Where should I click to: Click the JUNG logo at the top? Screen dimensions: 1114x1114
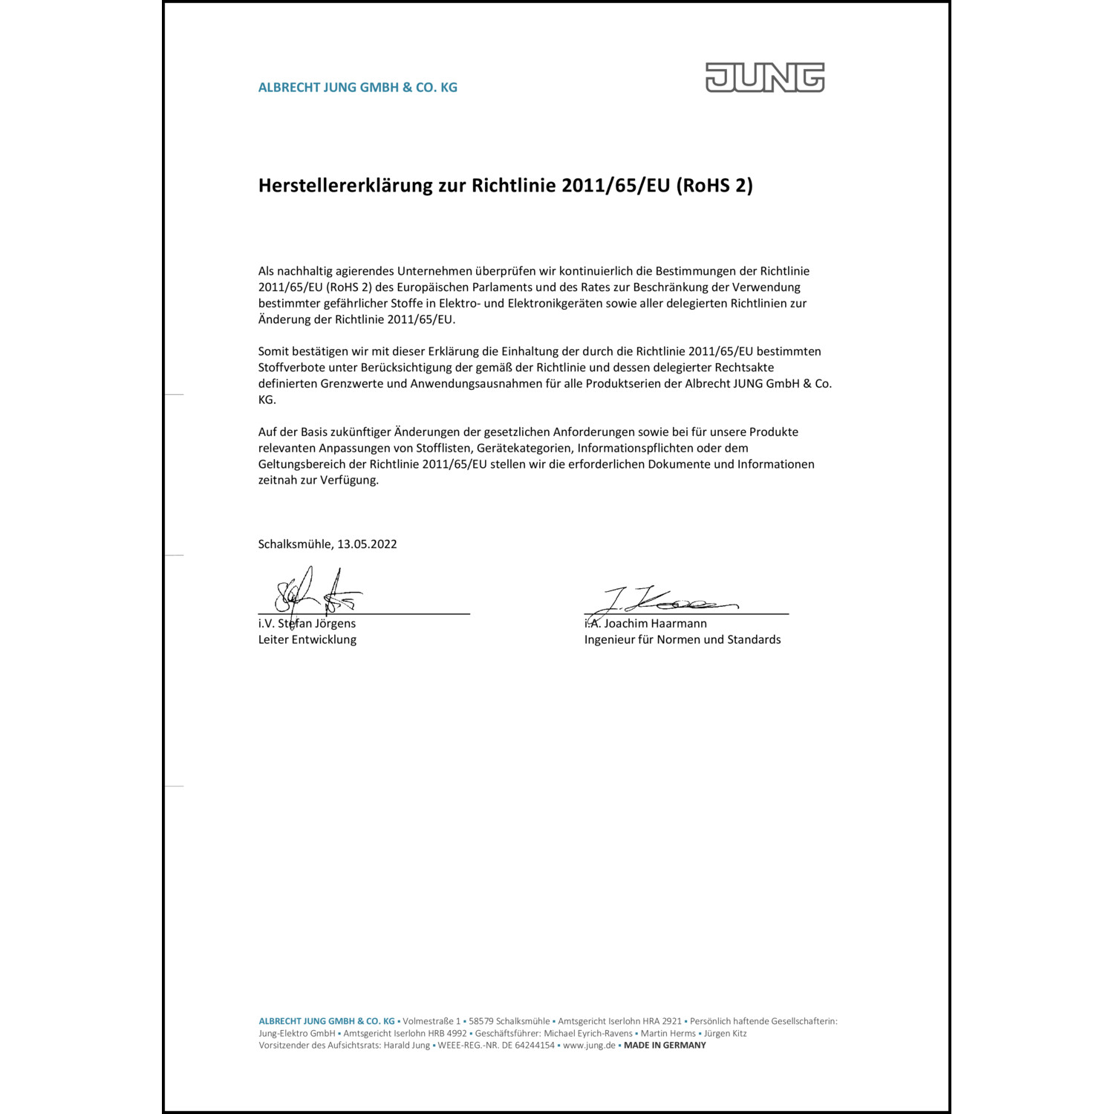[x=764, y=77]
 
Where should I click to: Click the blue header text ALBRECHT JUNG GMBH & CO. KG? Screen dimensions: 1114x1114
[x=357, y=88]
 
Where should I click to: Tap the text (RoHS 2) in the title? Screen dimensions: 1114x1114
[x=714, y=186]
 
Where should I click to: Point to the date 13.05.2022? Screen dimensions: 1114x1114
[x=367, y=544]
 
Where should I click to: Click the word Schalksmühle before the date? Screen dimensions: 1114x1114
[x=296, y=544]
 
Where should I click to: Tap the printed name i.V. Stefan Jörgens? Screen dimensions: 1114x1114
[x=307, y=624]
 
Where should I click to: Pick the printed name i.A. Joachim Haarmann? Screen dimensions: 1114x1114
[x=645, y=624]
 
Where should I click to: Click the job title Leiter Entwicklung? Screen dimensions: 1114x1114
[x=307, y=640]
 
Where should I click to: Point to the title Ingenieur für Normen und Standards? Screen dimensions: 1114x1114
[x=682, y=640]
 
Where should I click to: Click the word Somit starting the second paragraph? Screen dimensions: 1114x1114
[x=274, y=351]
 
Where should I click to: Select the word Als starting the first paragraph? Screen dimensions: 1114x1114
[x=266, y=271]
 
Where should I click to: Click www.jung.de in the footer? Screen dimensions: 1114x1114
[x=589, y=1046]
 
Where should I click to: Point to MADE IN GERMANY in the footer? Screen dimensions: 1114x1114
[x=665, y=1046]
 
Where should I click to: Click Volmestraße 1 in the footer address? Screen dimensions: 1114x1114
[x=431, y=1022]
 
